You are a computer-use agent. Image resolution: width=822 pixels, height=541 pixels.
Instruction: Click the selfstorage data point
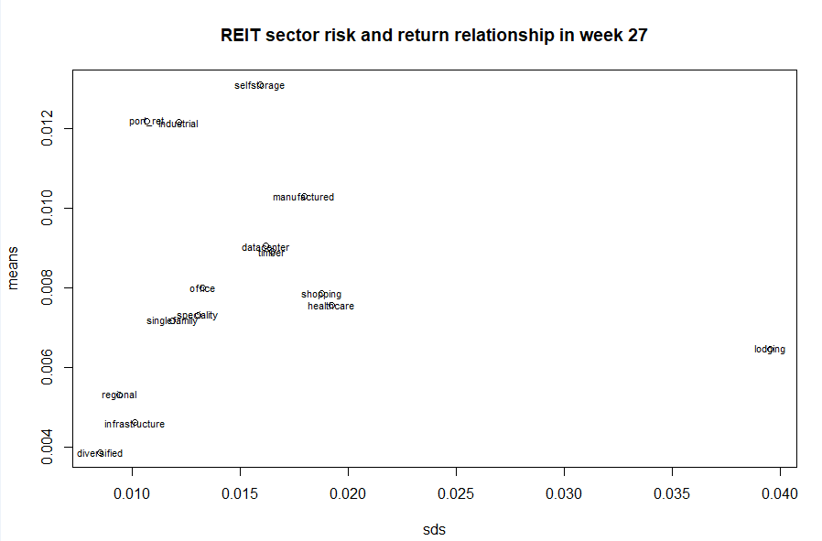click(x=260, y=85)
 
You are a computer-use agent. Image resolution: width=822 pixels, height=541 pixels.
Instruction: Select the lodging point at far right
click(x=770, y=349)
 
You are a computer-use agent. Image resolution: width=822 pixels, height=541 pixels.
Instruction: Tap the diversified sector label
click(x=100, y=453)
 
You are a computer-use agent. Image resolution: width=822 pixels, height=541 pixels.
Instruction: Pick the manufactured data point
click(x=304, y=197)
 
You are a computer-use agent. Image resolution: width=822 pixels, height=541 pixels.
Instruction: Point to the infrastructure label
click(x=135, y=424)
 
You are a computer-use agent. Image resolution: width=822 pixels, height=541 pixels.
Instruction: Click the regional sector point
click(x=119, y=395)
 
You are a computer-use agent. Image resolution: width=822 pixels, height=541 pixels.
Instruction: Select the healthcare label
click(x=330, y=306)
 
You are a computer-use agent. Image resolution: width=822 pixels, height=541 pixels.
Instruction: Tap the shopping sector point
click(x=321, y=294)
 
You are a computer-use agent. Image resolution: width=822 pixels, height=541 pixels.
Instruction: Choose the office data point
click(x=202, y=288)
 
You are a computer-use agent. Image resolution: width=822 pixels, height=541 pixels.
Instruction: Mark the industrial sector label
click(x=178, y=124)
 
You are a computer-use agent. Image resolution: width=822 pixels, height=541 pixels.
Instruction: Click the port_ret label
click(x=146, y=121)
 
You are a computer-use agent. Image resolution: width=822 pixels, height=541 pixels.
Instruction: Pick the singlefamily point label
click(x=172, y=320)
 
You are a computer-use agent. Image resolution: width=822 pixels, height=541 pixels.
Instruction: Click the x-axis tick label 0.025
click(x=456, y=496)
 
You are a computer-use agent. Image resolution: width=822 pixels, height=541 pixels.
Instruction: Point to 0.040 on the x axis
click(x=780, y=496)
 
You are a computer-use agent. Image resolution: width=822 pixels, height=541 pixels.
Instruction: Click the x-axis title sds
click(x=434, y=529)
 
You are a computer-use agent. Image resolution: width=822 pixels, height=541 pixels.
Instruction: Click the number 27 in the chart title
click(x=639, y=36)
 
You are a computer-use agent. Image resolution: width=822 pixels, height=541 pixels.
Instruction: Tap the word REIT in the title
click(x=241, y=36)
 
